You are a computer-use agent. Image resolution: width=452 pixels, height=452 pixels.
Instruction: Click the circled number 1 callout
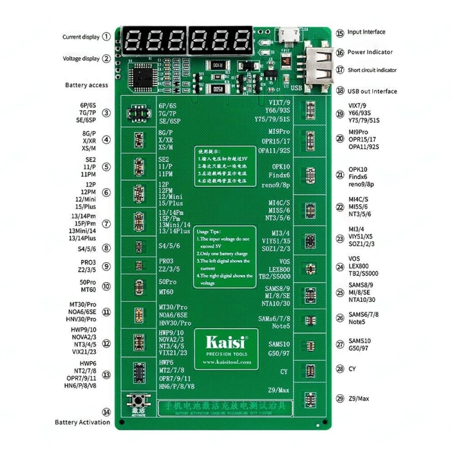pos(107,36)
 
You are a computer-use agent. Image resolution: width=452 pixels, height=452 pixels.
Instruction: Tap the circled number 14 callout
pos(107,412)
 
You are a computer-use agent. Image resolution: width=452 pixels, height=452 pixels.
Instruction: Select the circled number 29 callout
pos(341,398)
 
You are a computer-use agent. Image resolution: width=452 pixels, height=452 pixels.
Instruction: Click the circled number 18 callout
pos(341,91)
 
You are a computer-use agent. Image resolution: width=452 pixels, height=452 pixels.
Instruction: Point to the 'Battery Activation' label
pos(83,422)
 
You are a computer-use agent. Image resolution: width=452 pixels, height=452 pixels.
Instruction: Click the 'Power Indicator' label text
pos(370,52)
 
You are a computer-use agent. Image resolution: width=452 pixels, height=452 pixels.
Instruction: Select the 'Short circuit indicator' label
pos(372,70)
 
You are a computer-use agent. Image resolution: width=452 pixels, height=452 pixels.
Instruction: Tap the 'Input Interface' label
pos(366,32)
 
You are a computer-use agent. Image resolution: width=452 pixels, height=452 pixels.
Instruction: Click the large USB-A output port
pos(317,67)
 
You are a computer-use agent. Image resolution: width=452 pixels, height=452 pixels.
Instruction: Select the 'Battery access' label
pos(86,86)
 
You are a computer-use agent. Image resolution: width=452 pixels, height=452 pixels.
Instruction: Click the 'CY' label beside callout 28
pos(352,368)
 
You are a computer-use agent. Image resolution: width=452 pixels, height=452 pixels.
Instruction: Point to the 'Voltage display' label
pos(82,58)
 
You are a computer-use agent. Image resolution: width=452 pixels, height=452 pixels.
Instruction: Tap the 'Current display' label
pos(81,37)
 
